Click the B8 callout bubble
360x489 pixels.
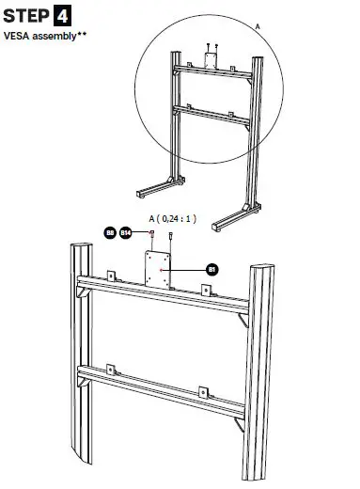tap(110, 230)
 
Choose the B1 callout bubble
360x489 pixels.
tap(211, 269)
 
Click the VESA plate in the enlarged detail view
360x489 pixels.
tap(160, 269)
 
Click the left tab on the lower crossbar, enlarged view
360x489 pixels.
tap(110, 369)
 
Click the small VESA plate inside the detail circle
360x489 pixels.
tap(211, 61)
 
